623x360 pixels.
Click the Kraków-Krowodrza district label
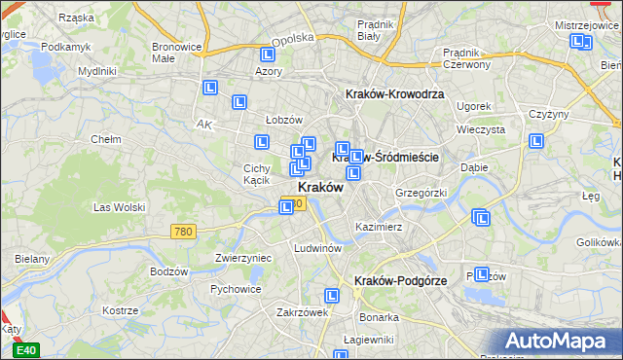(395, 94)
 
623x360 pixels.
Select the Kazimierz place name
(380, 226)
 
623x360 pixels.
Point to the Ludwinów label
(317, 248)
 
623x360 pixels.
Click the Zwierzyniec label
(242, 258)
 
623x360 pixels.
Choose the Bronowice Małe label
(177, 52)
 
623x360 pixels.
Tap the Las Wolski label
(119, 207)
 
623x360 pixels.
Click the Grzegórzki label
(421, 193)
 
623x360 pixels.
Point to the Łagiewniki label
(363, 340)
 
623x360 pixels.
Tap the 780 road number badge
(182, 232)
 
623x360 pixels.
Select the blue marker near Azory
(269, 54)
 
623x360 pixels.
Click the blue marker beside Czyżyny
(535, 141)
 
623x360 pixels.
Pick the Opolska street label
(293, 39)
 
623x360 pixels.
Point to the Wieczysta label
(480, 128)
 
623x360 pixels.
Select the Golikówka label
(599, 241)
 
